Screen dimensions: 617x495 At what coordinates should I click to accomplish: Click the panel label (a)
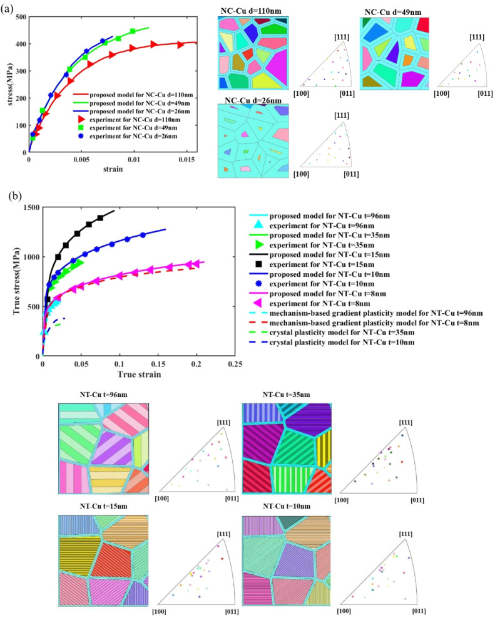[x=11, y=11]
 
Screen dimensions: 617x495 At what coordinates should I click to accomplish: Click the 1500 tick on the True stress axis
[x=29, y=207]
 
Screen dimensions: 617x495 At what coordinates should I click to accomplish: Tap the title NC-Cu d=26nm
[x=250, y=100]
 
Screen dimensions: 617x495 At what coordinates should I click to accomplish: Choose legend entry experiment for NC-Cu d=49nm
[x=132, y=127]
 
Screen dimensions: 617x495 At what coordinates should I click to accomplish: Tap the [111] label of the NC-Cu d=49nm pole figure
[x=477, y=37]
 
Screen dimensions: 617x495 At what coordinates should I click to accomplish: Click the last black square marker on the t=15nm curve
[x=100, y=218]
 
